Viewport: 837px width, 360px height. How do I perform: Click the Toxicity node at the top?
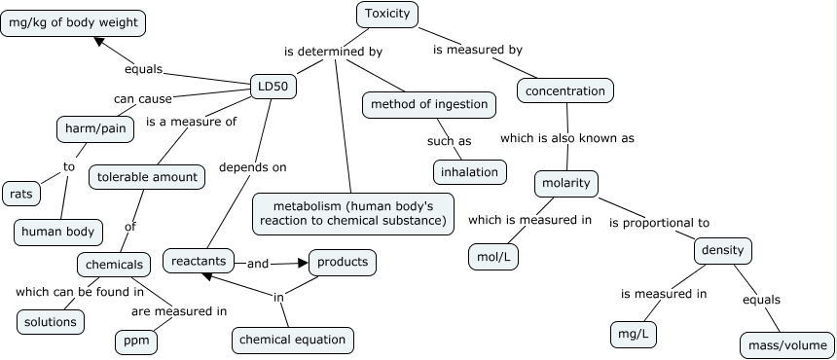coord(388,14)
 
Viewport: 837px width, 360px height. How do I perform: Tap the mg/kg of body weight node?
coord(73,23)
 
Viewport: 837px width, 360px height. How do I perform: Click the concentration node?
coord(564,91)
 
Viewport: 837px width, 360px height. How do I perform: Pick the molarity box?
coord(566,183)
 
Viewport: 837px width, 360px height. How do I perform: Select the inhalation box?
coord(469,172)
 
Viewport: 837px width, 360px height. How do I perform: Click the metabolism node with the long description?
coord(352,213)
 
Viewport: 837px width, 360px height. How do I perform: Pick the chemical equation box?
coord(292,340)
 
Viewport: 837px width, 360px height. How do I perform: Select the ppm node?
coord(136,342)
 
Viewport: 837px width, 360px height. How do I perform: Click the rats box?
coord(21,194)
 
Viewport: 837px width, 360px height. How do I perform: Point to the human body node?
coord(58,231)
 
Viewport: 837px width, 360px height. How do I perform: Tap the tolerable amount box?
coord(147,177)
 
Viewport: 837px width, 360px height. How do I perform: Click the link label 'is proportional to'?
coord(659,223)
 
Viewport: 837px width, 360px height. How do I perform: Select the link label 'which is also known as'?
coord(566,138)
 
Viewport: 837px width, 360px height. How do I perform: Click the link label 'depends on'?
coord(252,167)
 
